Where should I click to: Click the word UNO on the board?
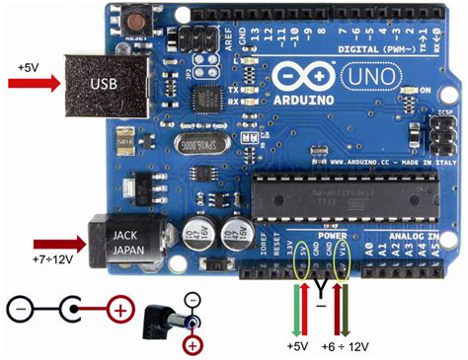364,74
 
